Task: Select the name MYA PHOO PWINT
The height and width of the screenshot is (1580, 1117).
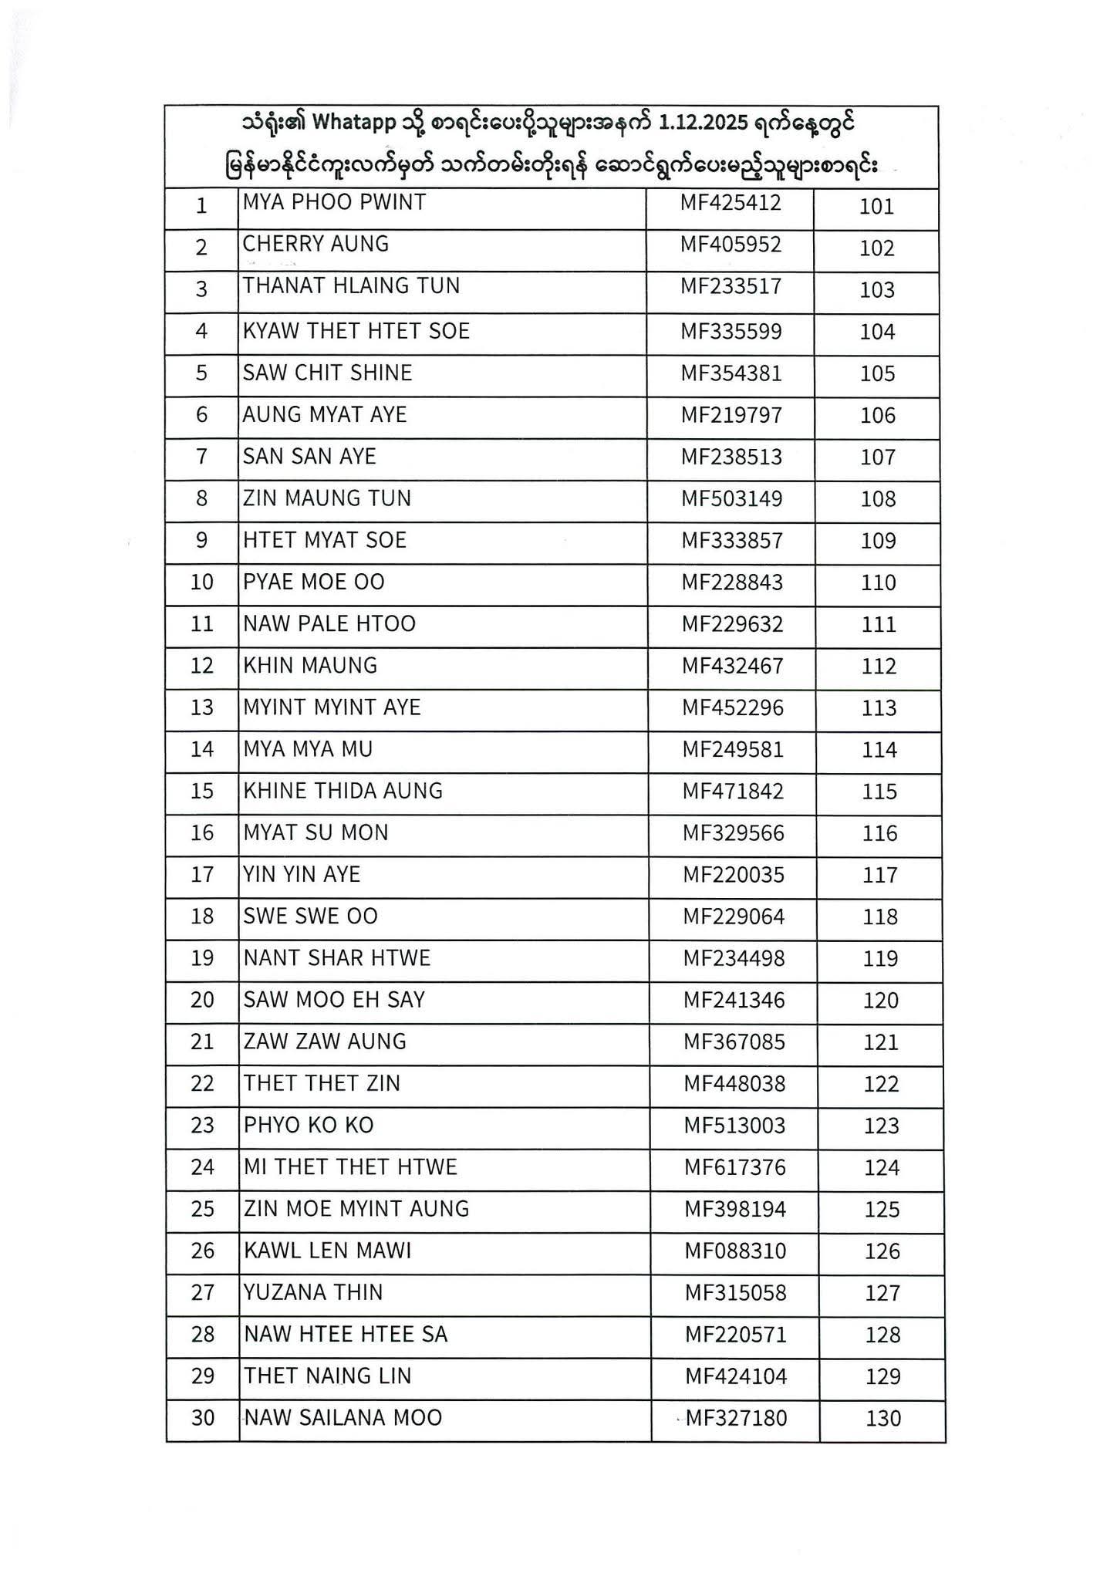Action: coord(334,203)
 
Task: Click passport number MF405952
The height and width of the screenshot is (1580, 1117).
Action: coord(731,245)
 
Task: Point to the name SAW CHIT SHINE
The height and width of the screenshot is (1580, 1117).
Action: coord(327,373)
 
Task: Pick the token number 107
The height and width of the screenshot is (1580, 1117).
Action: coord(878,457)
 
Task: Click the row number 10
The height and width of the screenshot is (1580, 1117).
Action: coord(201,582)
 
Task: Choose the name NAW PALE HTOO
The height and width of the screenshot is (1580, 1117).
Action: coord(329,624)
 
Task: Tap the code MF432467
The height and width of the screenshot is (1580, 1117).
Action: coord(732,666)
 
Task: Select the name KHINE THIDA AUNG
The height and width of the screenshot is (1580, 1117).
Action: coord(343,791)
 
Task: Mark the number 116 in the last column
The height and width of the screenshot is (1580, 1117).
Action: coord(880,834)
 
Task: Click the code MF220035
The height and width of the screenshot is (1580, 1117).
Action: coord(734,875)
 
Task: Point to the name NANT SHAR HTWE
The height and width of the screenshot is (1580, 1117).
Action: coord(337,958)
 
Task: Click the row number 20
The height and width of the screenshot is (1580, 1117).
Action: coord(202,1001)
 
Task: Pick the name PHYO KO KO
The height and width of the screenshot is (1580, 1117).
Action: coord(309,1126)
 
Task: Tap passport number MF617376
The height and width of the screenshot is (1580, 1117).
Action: coord(735,1168)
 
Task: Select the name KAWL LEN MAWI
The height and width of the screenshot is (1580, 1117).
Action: coord(328,1251)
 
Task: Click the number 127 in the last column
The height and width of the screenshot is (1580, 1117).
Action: coord(882,1294)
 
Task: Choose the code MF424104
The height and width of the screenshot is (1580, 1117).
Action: coord(736,1376)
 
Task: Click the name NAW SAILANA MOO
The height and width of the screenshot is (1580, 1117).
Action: coord(343,1418)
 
